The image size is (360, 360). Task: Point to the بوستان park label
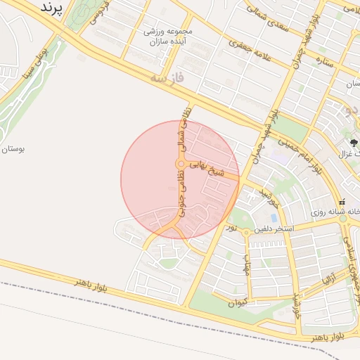point(14,150)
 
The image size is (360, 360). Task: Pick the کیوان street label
point(237,303)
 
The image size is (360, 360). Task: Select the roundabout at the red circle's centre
point(180,165)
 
